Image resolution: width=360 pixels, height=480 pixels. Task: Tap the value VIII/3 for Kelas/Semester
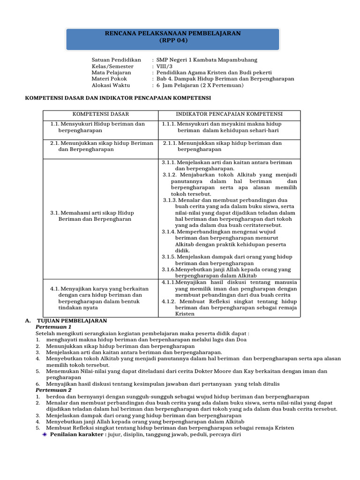click(x=164, y=67)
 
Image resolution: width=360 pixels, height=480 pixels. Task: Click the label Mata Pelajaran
click(x=112, y=73)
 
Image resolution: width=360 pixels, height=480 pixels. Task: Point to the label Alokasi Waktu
click(x=111, y=86)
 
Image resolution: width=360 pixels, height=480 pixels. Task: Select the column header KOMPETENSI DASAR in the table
click(x=100, y=114)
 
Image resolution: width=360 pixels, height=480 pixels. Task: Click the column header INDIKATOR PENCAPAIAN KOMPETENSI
click(x=229, y=114)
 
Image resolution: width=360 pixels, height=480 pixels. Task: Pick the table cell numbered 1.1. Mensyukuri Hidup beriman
click(x=97, y=127)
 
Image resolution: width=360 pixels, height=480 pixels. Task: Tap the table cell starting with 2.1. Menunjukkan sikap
click(x=101, y=146)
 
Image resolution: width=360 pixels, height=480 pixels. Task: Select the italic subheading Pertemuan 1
click(x=53, y=327)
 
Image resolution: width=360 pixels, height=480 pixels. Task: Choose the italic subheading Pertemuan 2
click(x=53, y=390)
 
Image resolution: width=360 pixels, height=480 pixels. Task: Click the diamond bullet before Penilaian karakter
click(x=45, y=435)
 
